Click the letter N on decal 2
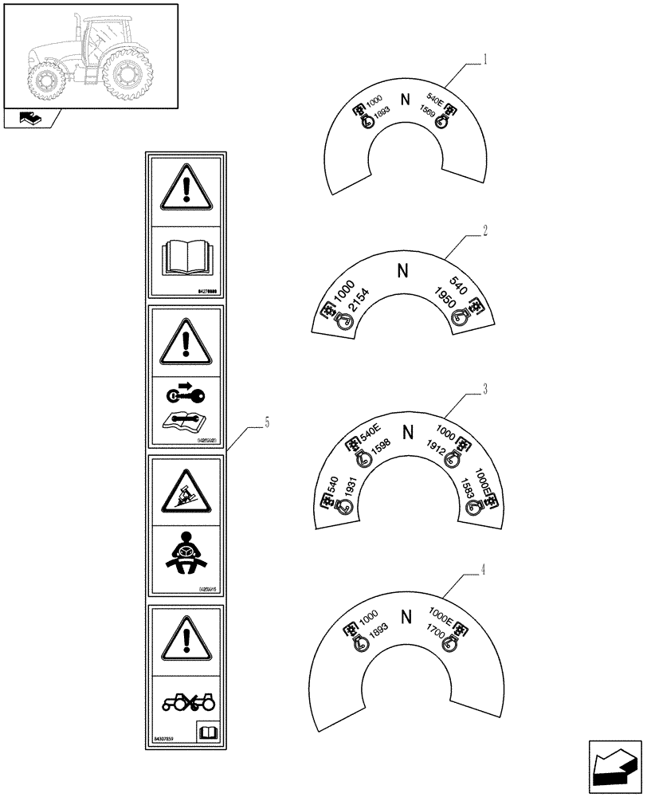click(403, 271)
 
